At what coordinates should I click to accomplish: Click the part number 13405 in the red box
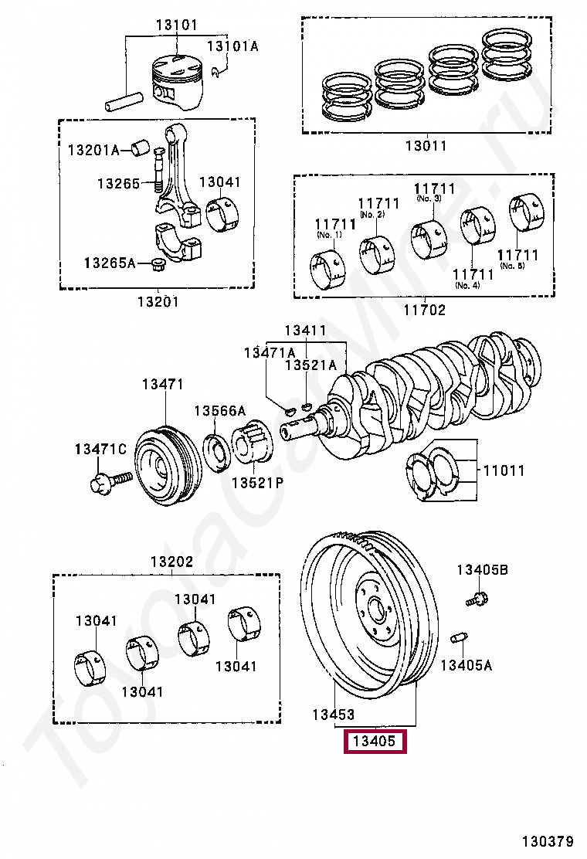coord(375,742)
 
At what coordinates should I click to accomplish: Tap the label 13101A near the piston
coord(232,46)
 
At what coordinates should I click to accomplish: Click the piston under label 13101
coord(178,81)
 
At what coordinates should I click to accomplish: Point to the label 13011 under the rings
coord(426,146)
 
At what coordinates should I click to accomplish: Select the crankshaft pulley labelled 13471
coord(165,466)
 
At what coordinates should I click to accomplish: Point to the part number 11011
coord(504,470)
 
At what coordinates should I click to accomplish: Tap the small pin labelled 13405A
coord(458,637)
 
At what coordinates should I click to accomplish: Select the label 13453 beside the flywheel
coord(334,715)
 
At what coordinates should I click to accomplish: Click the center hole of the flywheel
coord(376,609)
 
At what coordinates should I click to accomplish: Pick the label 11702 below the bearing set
coord(424,310)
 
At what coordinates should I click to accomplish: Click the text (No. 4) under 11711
coord(467,285)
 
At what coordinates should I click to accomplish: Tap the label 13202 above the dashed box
coord(172,562)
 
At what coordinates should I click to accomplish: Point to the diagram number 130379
coord(547,841)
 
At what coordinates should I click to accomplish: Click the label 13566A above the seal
coord(219,410)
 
